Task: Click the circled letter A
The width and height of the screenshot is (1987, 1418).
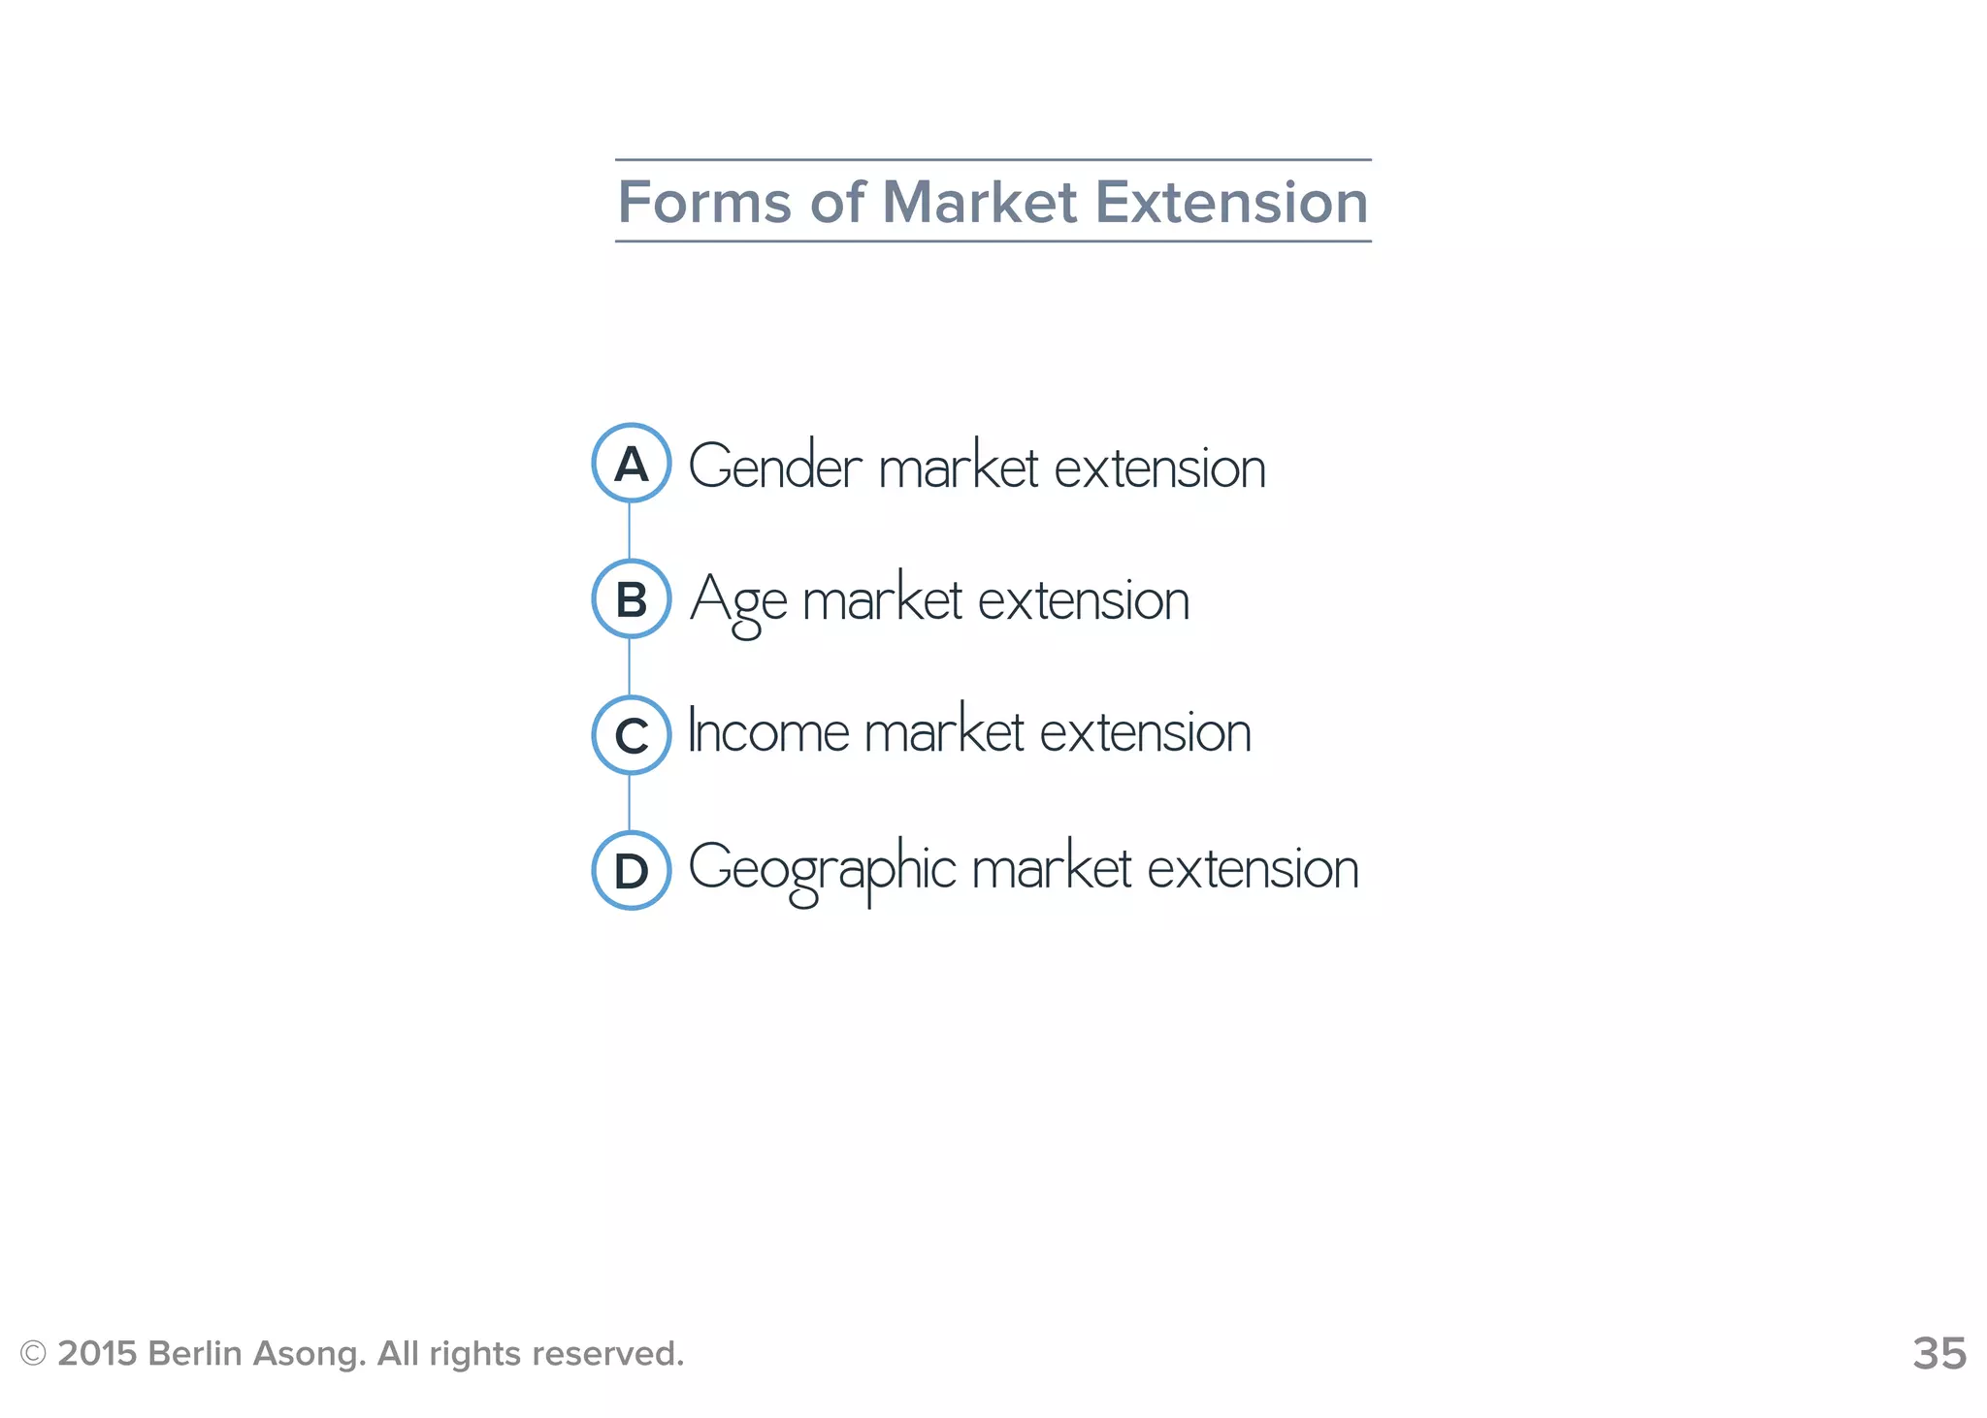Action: (631, 464)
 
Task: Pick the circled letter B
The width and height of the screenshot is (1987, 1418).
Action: (631, 599)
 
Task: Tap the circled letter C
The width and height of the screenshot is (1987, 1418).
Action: (631, 735)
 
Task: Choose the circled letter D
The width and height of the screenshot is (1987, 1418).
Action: (631, 871)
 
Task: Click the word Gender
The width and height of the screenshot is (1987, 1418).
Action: (774, 467)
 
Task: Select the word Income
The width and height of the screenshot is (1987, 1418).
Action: (768, 732)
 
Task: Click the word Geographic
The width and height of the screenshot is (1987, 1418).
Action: (822, 868)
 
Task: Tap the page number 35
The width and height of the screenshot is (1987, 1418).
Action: (1938, 1353)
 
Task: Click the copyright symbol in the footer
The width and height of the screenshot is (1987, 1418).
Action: (33, 1353)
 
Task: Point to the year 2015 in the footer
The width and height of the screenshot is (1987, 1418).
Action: (97, 1353)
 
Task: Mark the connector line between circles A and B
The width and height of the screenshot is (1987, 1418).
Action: (630, 531)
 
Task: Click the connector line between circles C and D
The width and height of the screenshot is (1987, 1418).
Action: (630, 802)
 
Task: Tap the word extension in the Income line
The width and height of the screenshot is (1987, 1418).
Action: (1145, 732)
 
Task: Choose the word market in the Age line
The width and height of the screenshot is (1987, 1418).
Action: (882, 600)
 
